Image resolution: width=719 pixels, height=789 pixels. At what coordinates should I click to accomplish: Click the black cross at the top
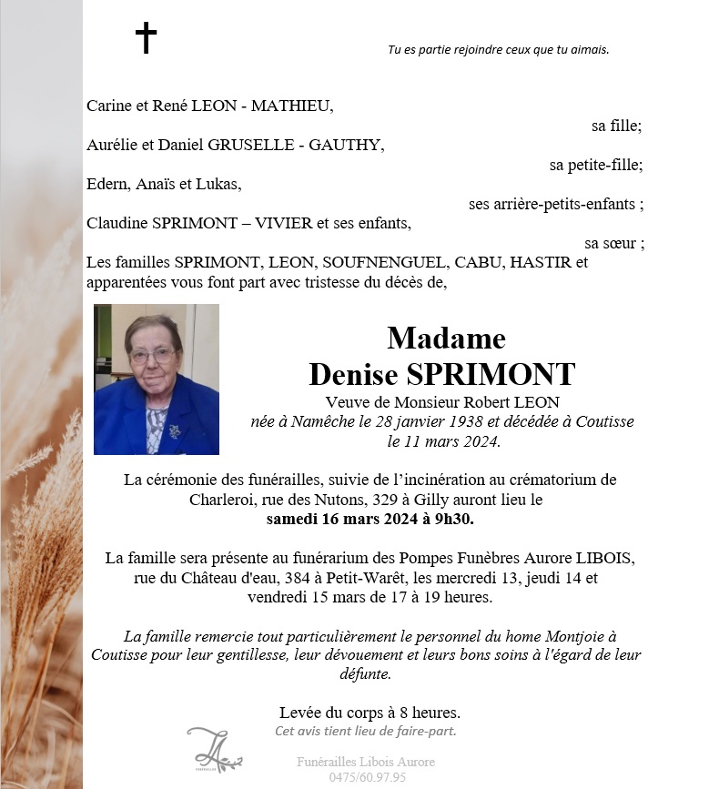[x=146, y=38]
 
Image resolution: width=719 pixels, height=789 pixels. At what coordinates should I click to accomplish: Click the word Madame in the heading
[x=446, y=339]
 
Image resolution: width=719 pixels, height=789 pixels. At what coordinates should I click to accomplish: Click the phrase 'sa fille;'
[x=616, y=126]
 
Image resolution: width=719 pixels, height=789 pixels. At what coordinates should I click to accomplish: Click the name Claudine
[x=118, y=223]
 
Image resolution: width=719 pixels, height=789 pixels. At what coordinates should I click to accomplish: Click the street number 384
[x=283, y=578]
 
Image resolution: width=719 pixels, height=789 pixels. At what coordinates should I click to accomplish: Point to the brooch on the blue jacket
[x=173, y=430]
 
